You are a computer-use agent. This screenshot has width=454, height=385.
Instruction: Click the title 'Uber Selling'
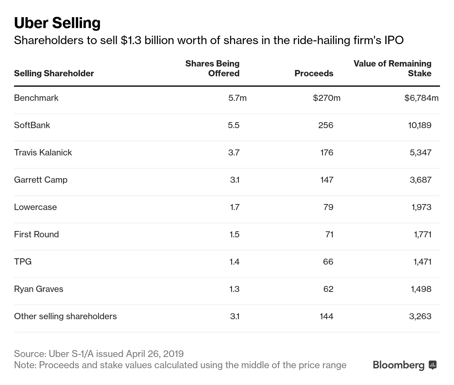[x=57, y=23]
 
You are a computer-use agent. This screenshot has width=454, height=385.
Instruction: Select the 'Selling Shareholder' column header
[x=54, y=73]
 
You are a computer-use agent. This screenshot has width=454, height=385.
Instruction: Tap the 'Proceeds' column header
[x=314, y=73]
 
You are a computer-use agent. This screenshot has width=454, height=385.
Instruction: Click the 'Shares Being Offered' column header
[x=212, y=68]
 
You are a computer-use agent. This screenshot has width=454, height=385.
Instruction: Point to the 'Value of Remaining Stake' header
[x=392, y=68]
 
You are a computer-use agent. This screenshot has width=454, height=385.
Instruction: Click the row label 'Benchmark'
[x=36, y=98]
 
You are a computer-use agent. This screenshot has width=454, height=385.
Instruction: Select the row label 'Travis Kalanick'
[x=43, y=152]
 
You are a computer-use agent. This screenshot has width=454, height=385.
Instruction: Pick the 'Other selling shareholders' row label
[x=65, y=316]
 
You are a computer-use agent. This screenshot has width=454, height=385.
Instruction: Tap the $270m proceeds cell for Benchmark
[x=326, y=98]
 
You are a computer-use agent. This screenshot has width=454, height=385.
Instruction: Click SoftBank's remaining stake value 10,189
[x=419, y=125]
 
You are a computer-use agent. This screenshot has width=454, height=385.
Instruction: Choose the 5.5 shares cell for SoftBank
[x=233, y=125]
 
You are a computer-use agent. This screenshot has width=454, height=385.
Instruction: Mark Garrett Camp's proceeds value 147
[x=326, y=180]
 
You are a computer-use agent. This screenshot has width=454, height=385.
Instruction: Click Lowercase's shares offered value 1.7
[x=235, y=207]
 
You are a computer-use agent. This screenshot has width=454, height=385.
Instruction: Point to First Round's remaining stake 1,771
[x=422, y=234]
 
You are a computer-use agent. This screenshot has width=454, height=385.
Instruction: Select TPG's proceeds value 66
[x=328, y=261]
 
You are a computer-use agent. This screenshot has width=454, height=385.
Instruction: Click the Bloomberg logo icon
[x=433, y=365]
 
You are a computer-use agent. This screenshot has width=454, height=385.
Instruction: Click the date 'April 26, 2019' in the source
[x=154, y=353]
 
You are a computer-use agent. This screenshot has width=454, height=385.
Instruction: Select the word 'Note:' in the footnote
[x=25, y=365]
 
